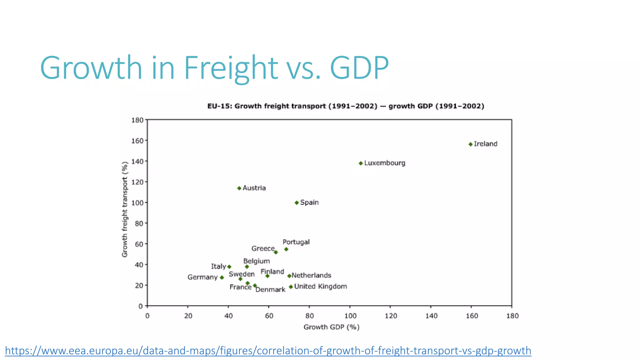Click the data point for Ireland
470,144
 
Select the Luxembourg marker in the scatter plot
361,163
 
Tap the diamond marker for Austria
239,188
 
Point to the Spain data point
297,203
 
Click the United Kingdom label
320,286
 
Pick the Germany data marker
222,277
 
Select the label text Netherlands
311,275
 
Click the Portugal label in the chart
296,242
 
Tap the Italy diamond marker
229,267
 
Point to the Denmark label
270,290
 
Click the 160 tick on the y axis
137,141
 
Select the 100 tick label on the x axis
350,316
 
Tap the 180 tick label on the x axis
512,316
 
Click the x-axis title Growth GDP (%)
331,327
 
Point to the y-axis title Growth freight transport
125,209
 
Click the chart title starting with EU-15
346,106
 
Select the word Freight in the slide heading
231,68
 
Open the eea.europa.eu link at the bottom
268,351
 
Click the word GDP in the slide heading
359,68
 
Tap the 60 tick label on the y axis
139,244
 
